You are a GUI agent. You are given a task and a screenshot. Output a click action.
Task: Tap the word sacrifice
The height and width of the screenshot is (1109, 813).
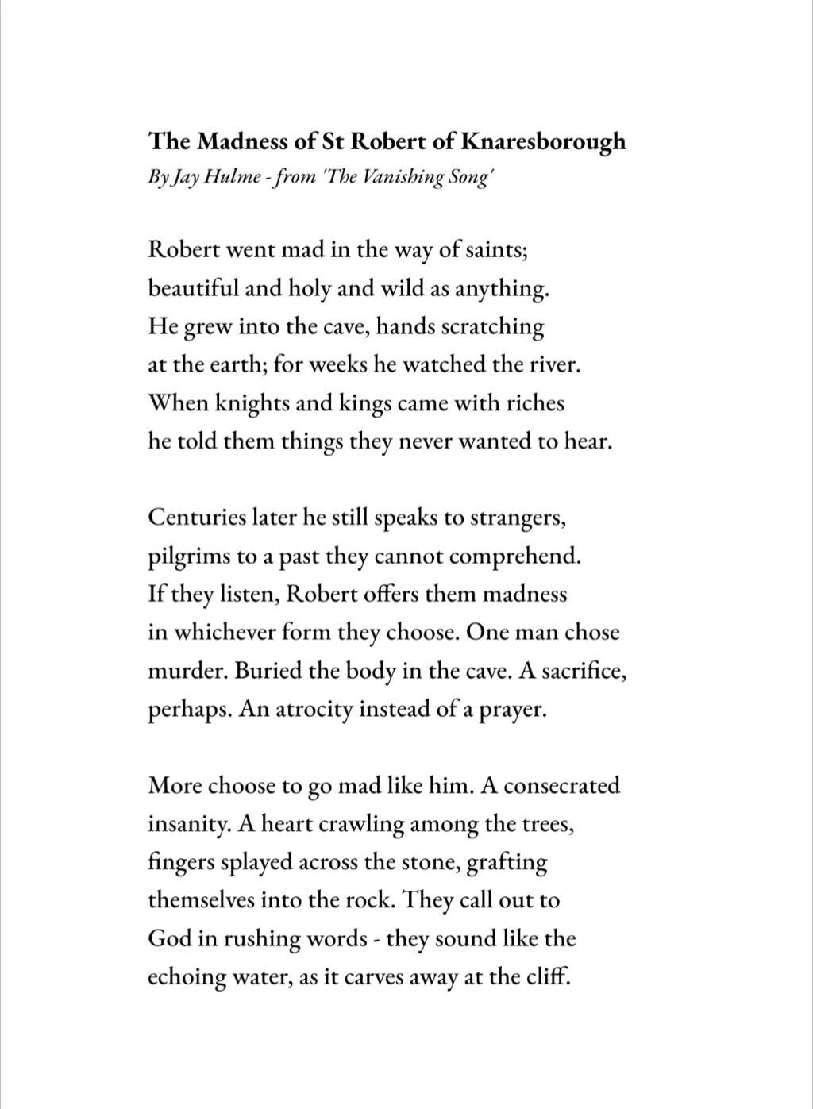(x=585, y=671)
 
